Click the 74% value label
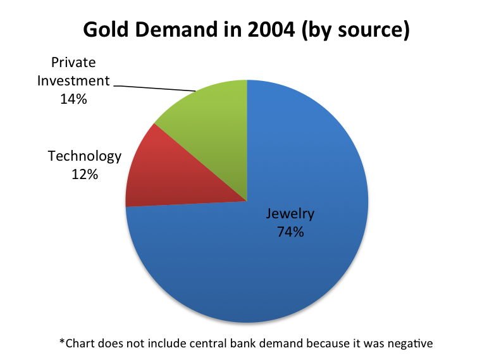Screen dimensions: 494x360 290,232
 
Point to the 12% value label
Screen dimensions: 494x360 85,175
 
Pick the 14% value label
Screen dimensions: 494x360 73,99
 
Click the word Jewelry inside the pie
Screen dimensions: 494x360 290,214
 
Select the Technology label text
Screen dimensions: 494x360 84,157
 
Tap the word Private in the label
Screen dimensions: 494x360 73,63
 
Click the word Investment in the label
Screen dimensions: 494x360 73,81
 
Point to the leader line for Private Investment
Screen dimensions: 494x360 155,88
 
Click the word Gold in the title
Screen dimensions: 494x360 106,30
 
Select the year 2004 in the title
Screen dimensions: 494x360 271,30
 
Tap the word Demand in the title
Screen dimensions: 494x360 176,30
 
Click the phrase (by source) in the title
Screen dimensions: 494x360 355,30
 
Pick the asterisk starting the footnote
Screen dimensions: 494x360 62,341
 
